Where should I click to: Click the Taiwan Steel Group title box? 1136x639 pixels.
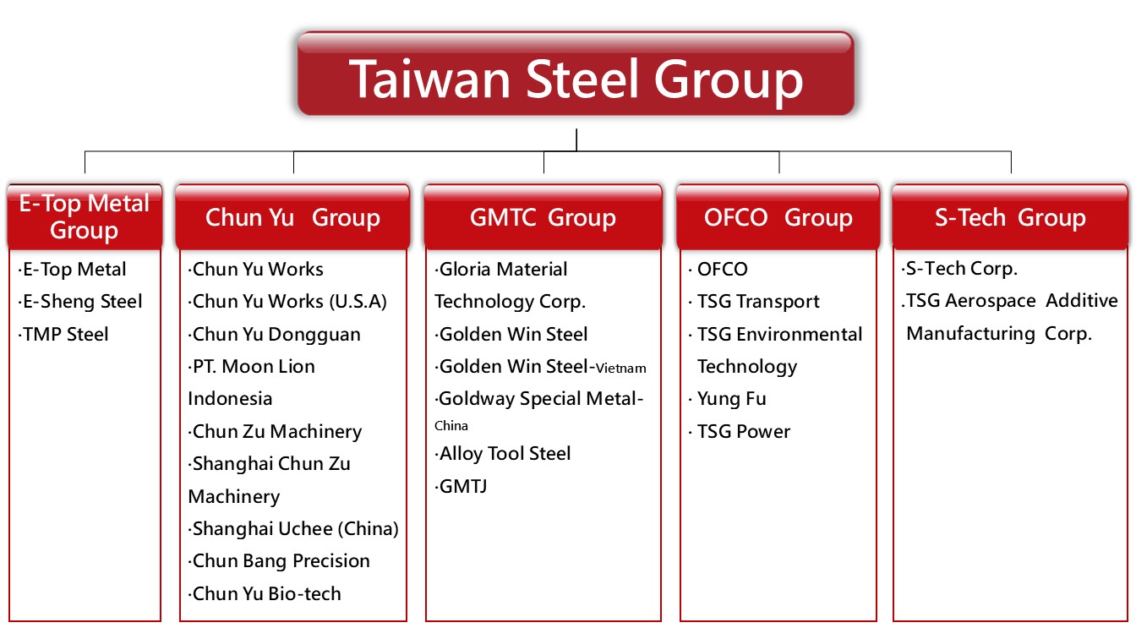pos(576,74)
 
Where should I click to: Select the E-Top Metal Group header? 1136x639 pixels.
pos(85,216)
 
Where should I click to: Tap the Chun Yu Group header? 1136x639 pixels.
pos(292,216)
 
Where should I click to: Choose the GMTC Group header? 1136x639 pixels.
pos(543,216)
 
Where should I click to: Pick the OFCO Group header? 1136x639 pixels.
pos(778,216)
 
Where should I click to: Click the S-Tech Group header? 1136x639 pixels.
pos(1010,216)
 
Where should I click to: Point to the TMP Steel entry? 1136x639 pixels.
pos(63,334)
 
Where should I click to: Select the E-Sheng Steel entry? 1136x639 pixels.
pos(80,302)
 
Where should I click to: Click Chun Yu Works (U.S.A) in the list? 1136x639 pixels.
pos(287,302)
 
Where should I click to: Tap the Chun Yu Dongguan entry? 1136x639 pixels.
pos(275,335)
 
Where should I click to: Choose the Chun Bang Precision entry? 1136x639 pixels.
pos(279,561)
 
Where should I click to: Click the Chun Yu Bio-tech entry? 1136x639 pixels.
pos(265,594)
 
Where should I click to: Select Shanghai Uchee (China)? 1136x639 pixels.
pos(293,529)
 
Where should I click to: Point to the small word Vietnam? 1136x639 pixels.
pos(620,369)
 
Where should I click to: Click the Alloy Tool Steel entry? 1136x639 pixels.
pos(503,454)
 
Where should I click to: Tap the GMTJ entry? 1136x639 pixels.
pos(461,487)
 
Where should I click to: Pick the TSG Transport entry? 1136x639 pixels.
pos(754,302)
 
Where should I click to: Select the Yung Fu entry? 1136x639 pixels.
pos(727,399)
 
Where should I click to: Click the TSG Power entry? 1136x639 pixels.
pos(740,432)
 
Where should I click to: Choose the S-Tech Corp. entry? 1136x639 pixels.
pos(959,269)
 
